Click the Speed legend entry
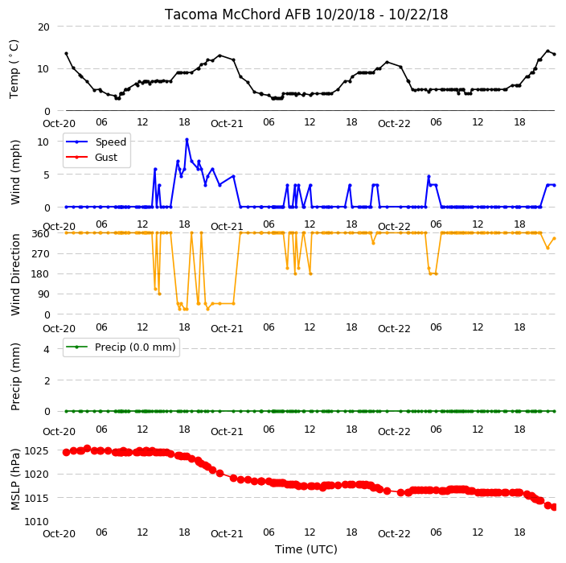tap(96, 142)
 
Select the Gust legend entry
tap(92, 157)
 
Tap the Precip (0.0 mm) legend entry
tap(121, 347)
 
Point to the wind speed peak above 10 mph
tap(187, 139)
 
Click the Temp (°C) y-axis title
tap(14, 68)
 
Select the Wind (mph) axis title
tap(15, 172)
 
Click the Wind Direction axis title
tap(15, 274)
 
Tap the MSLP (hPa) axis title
tap(15, 479)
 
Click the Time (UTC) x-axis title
tap(306, 549)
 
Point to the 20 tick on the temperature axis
tap(43, 27)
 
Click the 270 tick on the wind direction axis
tap(43, 254)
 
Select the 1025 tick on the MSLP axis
tap(36, 451)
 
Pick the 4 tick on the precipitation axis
tap(47, 349)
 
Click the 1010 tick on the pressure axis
tap(36, 522)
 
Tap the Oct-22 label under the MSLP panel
tap(394, 534)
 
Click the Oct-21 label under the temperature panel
tap(227, 124)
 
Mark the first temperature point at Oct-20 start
tap(66, 53)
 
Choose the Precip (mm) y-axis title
tap(15, 376)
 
